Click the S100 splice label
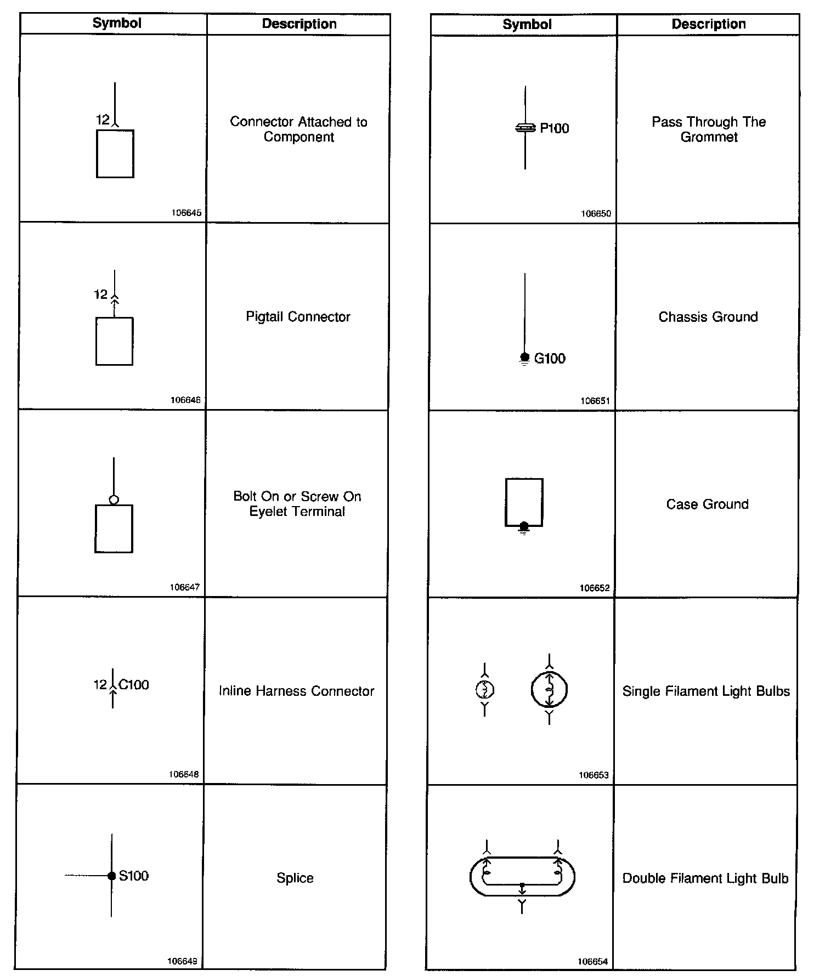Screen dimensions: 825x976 tap(134, 876)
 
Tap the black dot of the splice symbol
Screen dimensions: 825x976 tap(111, 876)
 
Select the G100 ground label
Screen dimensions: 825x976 tap(550, 359)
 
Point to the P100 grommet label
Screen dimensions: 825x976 tap(554, 128)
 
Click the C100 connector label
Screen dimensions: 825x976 tap(134, 684)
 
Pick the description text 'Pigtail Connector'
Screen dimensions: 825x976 tap(298, 317)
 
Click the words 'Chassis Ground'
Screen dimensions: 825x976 tap(708, 317)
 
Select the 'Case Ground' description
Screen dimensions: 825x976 tap(707, 504)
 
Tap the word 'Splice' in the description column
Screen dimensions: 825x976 tap(295, 878)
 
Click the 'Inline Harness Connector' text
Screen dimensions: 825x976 tap(296, 691)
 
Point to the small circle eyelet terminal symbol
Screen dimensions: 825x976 tap(114, 500)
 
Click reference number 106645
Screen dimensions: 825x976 tap(187, 213)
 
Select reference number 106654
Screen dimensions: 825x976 tap(592, 962)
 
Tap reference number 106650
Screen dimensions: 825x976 tap(596, 214)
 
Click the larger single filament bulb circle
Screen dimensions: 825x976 tap(549, 689)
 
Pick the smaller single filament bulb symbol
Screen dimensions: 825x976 tap(484, 689)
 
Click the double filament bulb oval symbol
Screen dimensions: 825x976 tap(522, 876)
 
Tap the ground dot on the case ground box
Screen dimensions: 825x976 tap(524, 526)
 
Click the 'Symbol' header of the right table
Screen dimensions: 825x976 tap(527, 24)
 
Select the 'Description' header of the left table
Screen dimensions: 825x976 tap(299, 24)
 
